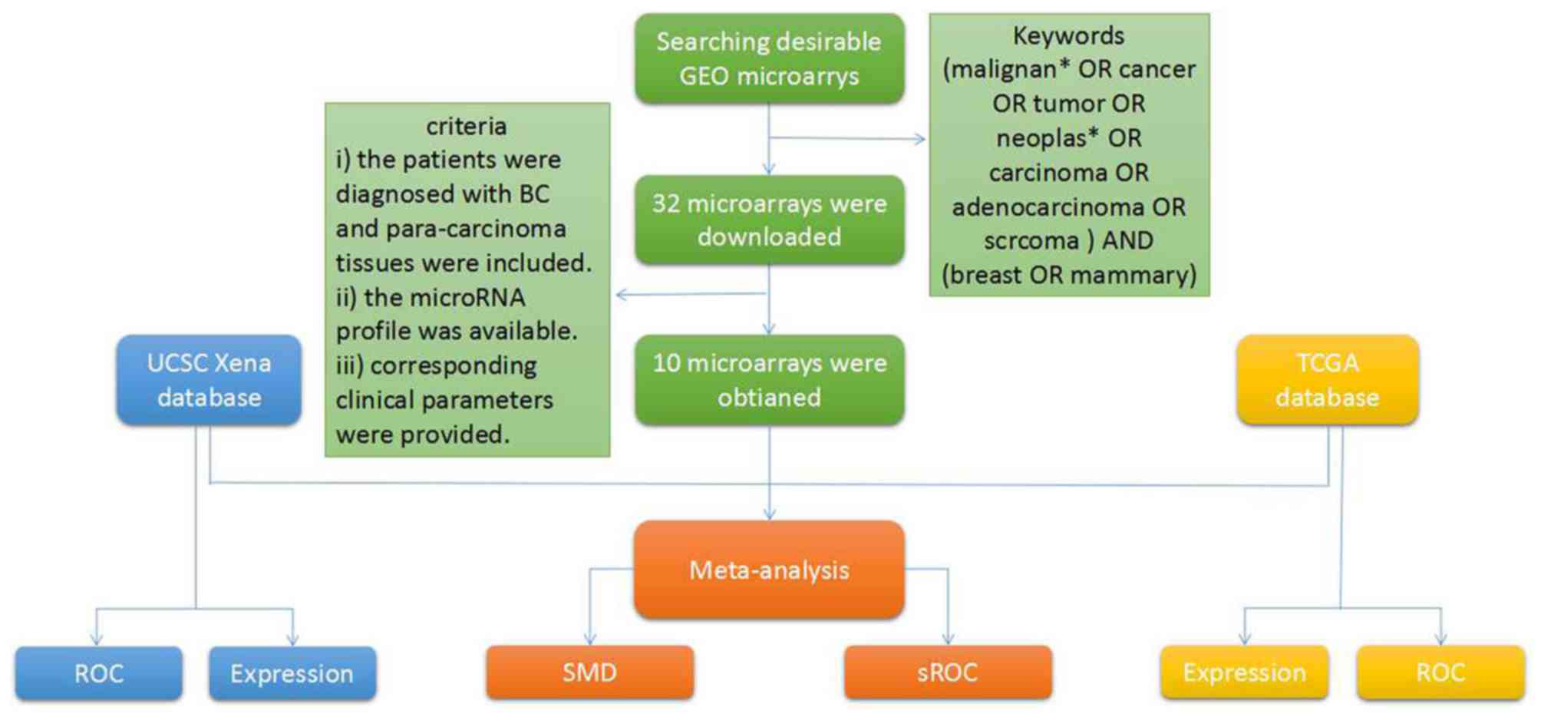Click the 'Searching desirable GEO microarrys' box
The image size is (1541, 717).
coord(769,58)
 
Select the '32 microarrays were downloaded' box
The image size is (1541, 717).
coord(769,220)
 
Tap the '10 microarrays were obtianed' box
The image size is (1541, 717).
coord(769,379)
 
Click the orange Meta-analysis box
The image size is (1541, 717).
coord(769,570)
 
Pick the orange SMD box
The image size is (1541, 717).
coord(589,672)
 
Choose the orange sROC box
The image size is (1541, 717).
coord(947,672)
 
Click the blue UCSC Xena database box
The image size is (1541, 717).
coord(209,379)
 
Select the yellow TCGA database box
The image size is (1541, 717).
coord(1327,379)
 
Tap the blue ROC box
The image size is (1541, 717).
coord(99,673)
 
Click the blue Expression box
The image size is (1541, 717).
coord(292,673)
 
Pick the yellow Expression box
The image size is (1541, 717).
coord(1244,672)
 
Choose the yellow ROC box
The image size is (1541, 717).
coord(1440,672)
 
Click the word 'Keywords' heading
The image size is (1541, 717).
coord(1068,35)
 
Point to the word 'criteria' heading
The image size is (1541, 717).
coord(466,126)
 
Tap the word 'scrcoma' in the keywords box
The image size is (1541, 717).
coord(1031,240)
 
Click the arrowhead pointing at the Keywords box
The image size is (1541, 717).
coord(919,139)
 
